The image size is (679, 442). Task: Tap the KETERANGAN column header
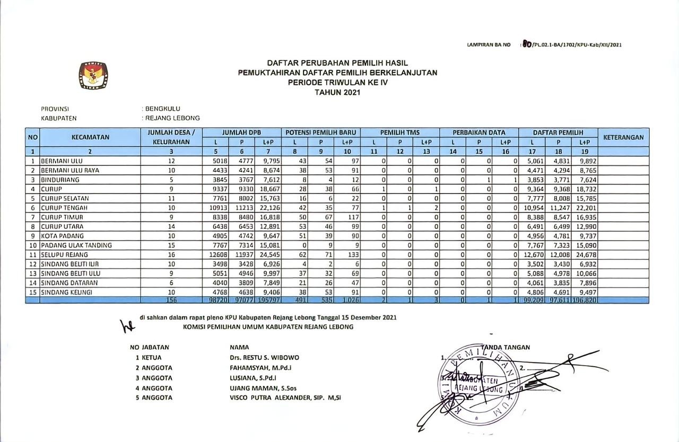tap(623, 137)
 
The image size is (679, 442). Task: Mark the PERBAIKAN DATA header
tap(479, 132)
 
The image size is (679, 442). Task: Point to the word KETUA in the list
tap(152, 358)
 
